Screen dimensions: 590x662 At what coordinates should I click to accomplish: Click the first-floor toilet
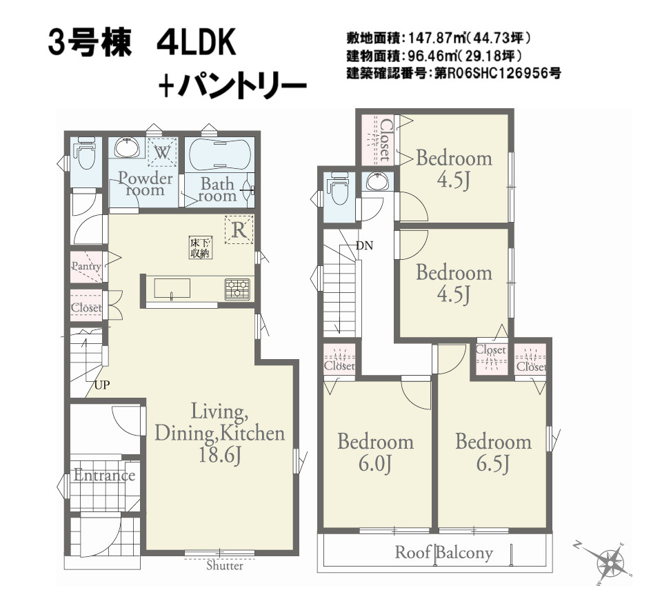(x=86, y=155)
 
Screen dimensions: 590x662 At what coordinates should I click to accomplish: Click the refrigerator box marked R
(x=239, y=230)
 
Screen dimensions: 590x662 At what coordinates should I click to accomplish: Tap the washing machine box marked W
(x=162, y=153)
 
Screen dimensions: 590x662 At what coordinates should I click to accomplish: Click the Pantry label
(x=86, y=266)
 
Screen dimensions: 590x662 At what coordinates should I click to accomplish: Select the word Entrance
(x=104, y=476)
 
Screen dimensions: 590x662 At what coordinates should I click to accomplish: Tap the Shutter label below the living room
(x=225, y=566)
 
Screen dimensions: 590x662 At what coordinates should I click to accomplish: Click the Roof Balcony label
(x=443, y=553)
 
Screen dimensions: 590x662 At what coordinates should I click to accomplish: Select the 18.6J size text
(x=219, y=456)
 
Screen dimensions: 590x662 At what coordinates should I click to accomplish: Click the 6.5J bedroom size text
(x=493, y=464)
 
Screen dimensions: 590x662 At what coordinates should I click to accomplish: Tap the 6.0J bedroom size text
(x=375, y=465)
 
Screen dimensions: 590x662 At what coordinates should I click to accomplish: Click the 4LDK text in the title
(x=197, y=43)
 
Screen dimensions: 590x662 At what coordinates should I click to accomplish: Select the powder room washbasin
(x=127, y=147)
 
